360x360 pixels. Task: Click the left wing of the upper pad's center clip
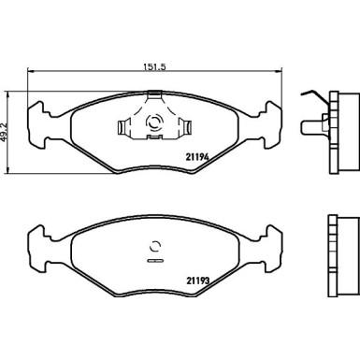126,125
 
